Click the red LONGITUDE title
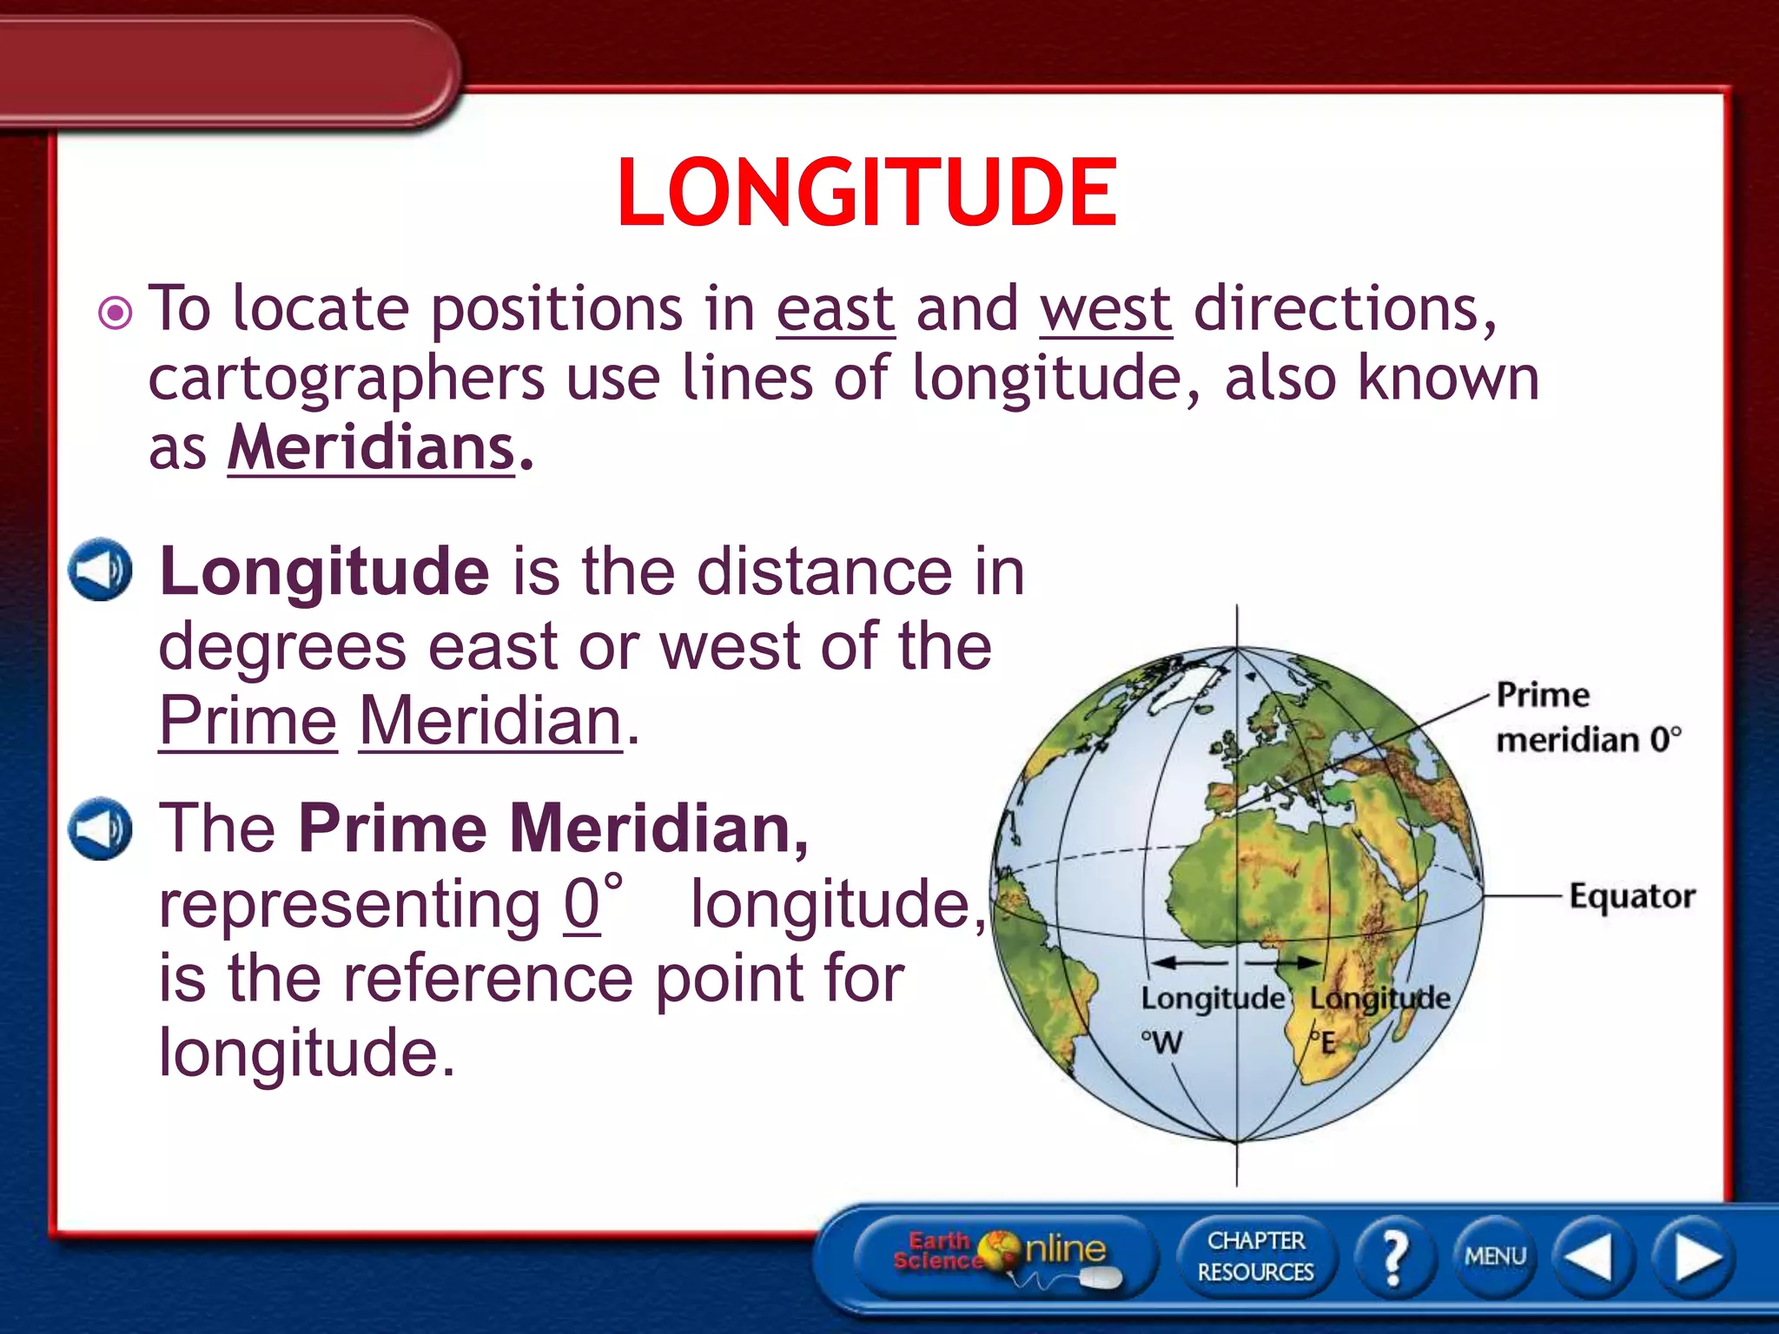(867, 193)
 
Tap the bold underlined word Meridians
(372, 448)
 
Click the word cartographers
(346, 379)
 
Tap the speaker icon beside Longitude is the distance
(101, 570)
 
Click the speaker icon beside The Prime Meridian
(101, 828)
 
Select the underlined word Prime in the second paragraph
(248, 721)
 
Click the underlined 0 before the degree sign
(581, 904)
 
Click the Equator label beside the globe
(1631, 895)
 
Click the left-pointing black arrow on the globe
(1187, 962)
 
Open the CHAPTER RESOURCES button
(1255, 1257)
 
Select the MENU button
(1495, 1257)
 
